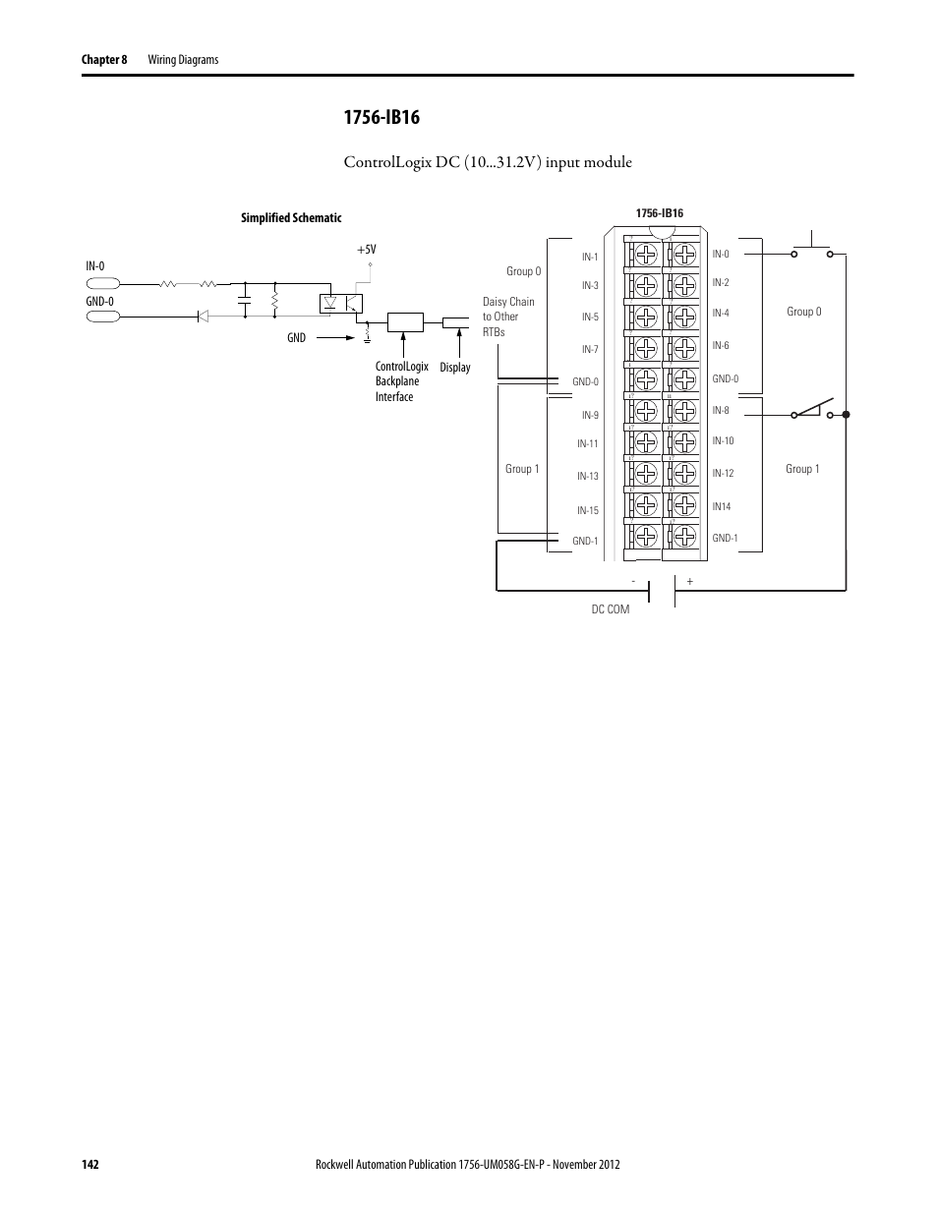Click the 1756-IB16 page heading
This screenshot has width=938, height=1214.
381,118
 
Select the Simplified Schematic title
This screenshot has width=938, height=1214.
291,218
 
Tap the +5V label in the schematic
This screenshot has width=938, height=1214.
366,251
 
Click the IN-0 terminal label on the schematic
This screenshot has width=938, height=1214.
95,265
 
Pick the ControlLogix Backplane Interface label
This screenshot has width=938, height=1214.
401,381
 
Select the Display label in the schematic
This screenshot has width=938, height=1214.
455,368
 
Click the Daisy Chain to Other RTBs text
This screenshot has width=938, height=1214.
507,317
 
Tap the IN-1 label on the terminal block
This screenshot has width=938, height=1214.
590,257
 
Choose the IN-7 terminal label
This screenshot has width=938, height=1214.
590,349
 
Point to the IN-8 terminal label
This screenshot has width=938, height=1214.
721,410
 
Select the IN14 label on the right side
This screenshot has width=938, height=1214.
722,506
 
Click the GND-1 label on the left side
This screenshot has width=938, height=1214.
585,541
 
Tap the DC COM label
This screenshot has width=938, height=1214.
610,609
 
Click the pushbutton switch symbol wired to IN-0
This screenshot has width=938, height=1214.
811,246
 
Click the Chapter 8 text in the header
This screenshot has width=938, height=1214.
104,60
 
